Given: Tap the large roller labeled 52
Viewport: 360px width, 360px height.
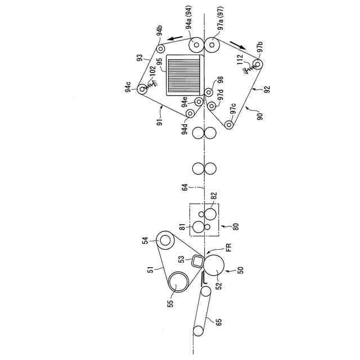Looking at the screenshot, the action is point(214,264).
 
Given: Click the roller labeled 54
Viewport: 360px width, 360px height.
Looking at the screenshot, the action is point(165,240).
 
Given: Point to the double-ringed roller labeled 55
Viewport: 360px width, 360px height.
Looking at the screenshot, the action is point(177,282).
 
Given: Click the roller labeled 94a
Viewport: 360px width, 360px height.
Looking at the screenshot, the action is point(197,44).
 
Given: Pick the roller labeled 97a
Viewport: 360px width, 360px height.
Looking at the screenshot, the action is point(213,44).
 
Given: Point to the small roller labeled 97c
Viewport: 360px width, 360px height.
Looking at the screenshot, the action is point(229,124).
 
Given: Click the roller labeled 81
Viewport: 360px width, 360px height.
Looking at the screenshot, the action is point(198,227).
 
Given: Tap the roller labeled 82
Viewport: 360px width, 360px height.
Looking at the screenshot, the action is point(210,214).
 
